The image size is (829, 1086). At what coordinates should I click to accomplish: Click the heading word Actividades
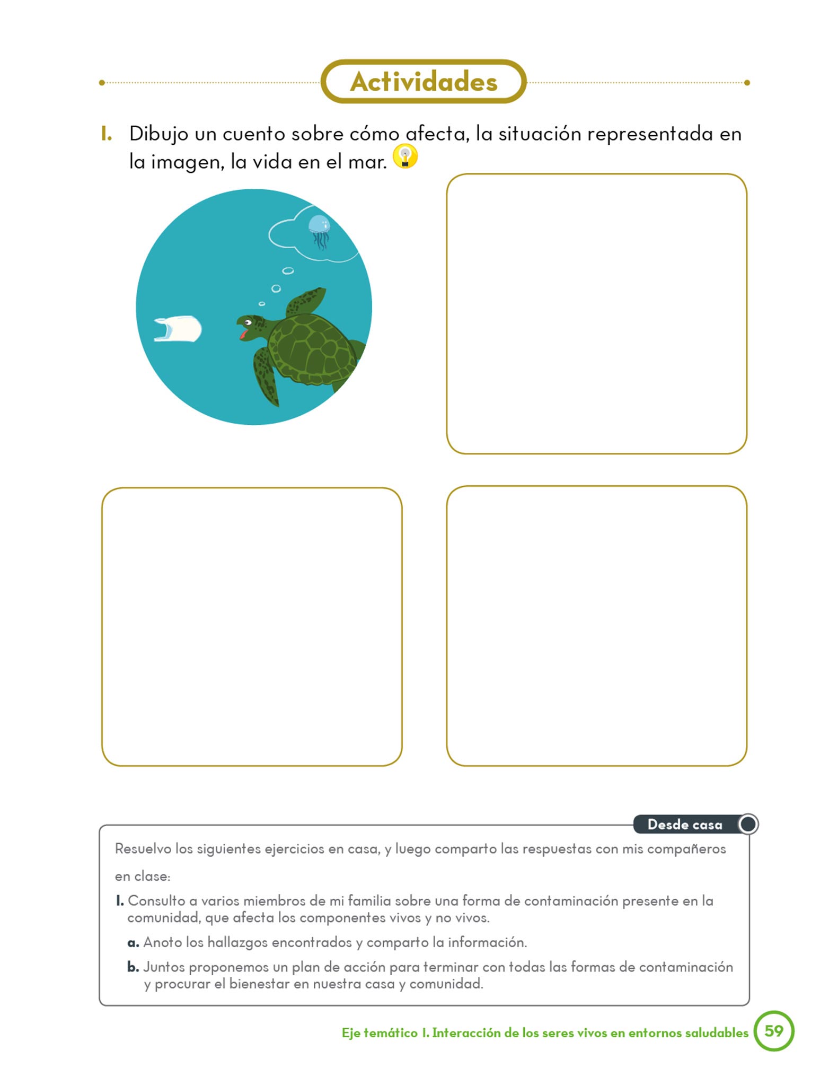click(x=424, y=82)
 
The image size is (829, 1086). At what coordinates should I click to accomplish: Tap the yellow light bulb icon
click(x=405, y=157)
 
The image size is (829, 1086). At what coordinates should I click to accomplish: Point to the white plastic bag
click(x=178, y=329)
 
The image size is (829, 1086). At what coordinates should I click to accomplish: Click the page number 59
click(x=773, y=1031)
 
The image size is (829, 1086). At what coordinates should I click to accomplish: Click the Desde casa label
click(x=684, y=825)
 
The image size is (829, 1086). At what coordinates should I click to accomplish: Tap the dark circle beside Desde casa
click(x=748, y=824)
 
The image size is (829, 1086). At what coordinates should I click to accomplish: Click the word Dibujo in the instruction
click(x=158, y=134)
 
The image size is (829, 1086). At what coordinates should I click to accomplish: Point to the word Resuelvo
click(x=143, y=849)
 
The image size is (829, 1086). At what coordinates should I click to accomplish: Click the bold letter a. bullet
click(x=133, y=943)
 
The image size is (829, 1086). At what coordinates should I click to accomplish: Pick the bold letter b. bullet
click(x=133, y=967)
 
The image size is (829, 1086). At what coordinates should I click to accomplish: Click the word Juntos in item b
click(x=164, y=967)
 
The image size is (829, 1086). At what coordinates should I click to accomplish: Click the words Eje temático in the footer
click(x=380, y=1033)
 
